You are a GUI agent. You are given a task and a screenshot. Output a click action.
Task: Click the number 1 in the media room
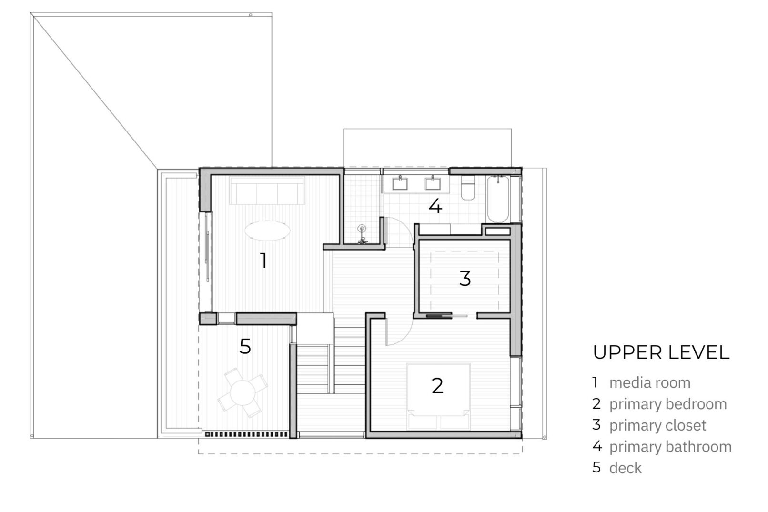(x=263, y=261)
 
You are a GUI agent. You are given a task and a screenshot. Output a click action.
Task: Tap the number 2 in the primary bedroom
(x=437, y=385)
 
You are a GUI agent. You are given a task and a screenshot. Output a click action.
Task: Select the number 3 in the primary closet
(x=465, y=278)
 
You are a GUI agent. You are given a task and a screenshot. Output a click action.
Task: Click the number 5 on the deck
(x=245, y=346)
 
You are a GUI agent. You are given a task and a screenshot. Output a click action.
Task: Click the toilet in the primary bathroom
(x=468, y=187)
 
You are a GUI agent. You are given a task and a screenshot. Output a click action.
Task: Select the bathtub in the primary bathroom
(x=498, y=199)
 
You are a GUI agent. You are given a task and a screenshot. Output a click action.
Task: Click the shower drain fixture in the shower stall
(x=362, y=229)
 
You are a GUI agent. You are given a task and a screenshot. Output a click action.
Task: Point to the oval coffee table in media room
(x=267, y=230)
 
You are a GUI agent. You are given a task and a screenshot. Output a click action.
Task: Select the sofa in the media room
(x=267, y=191)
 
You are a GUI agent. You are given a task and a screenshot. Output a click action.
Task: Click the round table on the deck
(x=243, y=393)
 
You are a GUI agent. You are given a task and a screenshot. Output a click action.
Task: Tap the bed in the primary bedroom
(x=438, y=396)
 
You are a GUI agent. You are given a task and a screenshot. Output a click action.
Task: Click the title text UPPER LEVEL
(x=661, y=352)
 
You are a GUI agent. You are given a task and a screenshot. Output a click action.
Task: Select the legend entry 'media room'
(x=650, y=383)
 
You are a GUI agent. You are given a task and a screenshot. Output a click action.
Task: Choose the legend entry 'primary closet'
(x=657, y=425)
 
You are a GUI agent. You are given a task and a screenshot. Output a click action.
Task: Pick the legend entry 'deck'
(x=626, y=468)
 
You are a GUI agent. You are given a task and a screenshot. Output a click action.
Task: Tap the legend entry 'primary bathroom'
(x=670, y=447)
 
